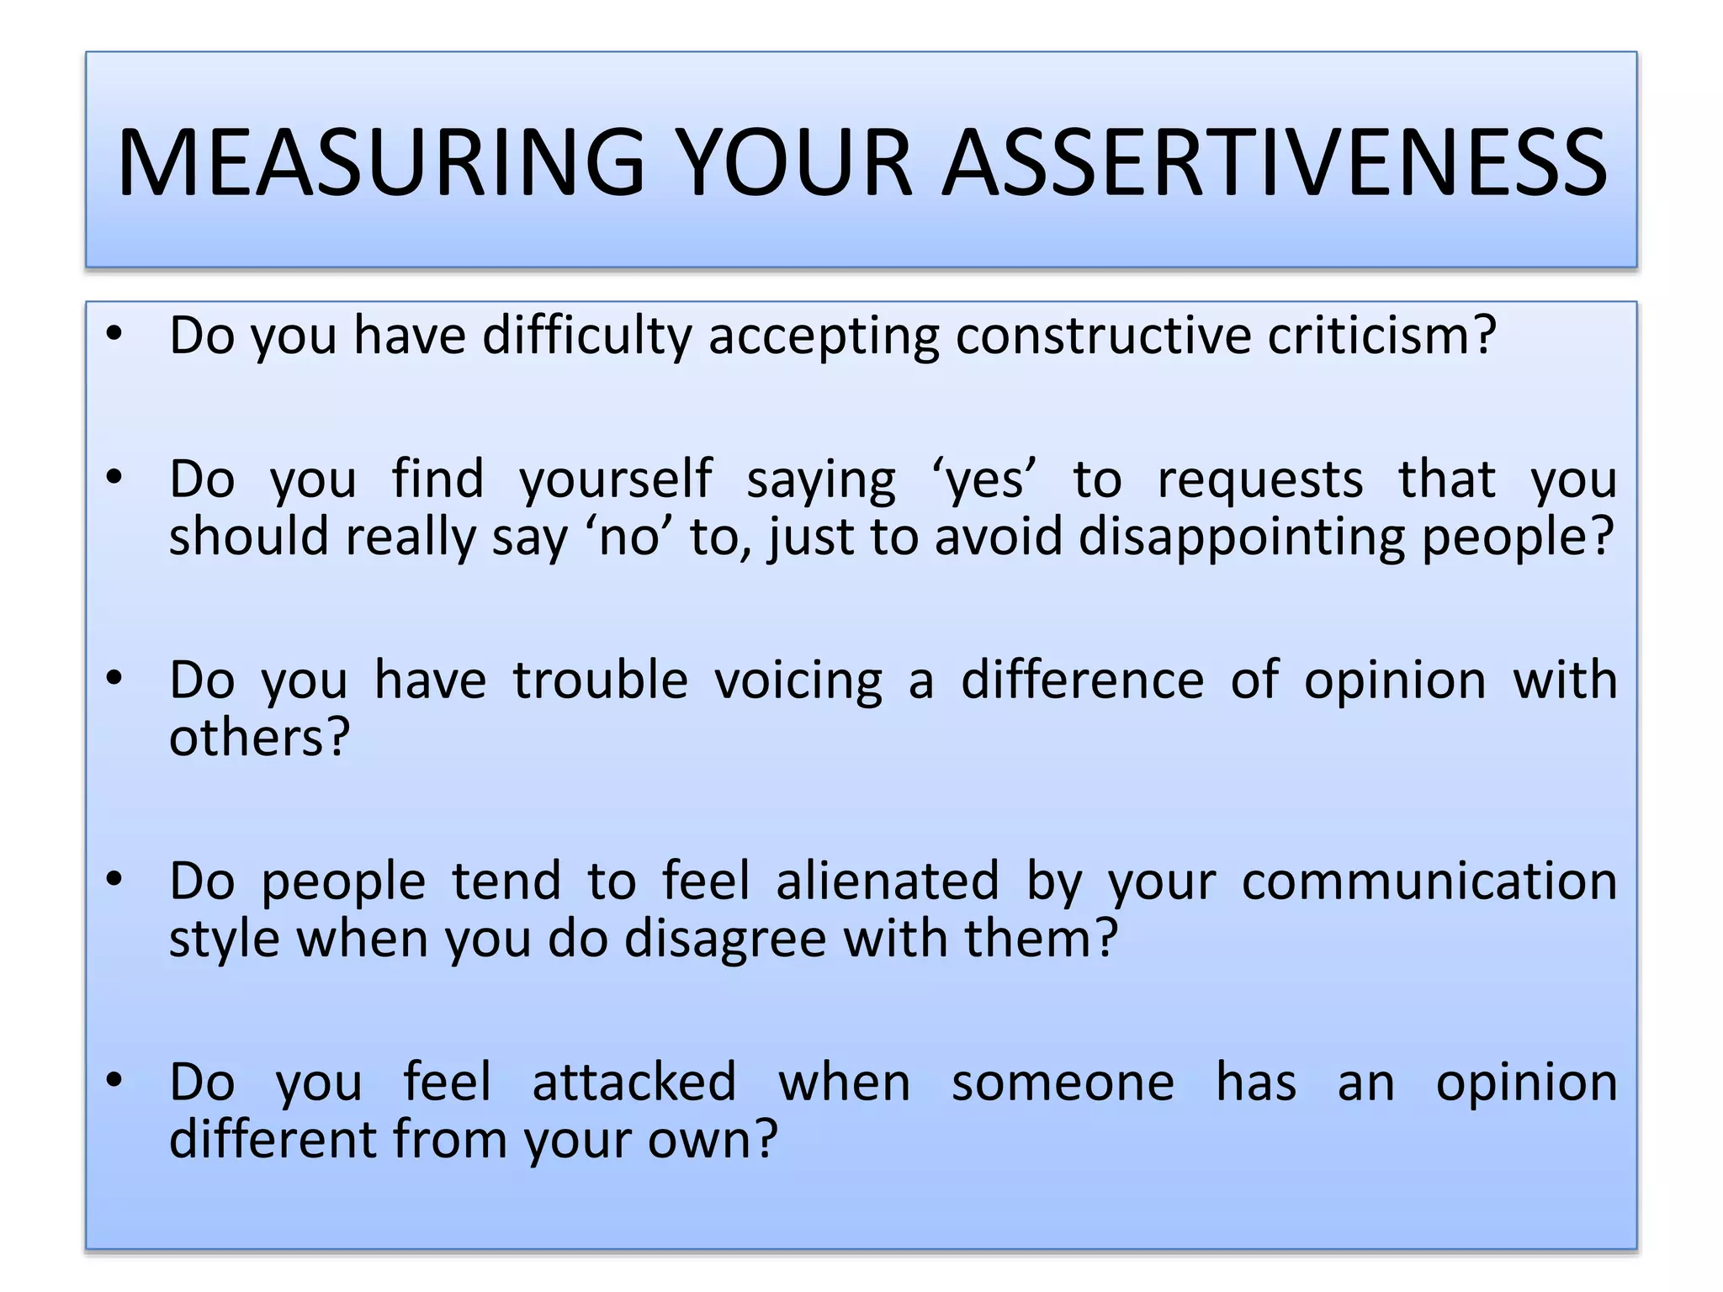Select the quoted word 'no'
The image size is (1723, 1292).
click(x=629, y=537)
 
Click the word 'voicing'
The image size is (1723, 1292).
click(x=798, y=681)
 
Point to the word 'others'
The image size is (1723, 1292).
click(x=258, y=738)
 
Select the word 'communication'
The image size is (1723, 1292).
click(x=1429, y=882)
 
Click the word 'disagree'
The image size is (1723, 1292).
click(x=725, y=940)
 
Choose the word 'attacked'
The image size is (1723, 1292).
click(x=634, y=1083)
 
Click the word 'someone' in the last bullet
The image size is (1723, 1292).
click(x=1063, y=1083)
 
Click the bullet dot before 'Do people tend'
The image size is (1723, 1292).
click(x=115, y=879)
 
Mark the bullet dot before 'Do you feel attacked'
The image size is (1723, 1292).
click(x=115, y=1079)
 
